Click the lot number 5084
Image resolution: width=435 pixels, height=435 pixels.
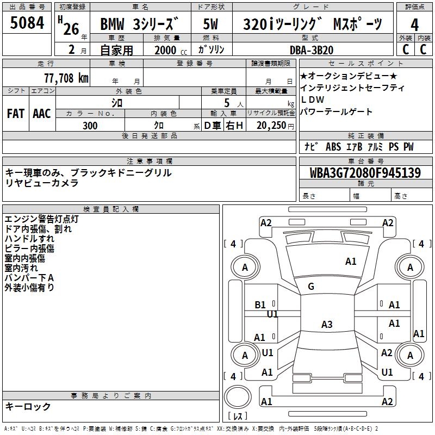click(x=27, y=24)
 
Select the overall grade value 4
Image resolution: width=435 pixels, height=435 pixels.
click(x=414, y=24)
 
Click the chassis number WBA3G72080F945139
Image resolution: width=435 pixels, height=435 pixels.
click(x=365, y=173)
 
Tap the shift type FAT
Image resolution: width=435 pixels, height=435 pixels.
click(x=16, y=113)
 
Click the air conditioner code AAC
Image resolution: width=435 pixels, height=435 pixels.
click(x=41, y=113)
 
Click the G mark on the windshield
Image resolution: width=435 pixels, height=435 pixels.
click(x=311, y=287)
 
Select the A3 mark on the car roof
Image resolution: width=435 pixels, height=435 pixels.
click(x=326, y=325)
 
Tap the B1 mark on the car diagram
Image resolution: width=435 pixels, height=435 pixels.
click(x=260, y=305)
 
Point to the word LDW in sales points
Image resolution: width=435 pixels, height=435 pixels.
click(x=313, y=100)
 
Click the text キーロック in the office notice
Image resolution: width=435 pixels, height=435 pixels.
click(x=28, y=406)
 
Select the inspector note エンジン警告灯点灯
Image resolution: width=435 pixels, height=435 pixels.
click(x=41, y=219)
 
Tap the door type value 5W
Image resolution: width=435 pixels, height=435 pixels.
click(x=211, y=25)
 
